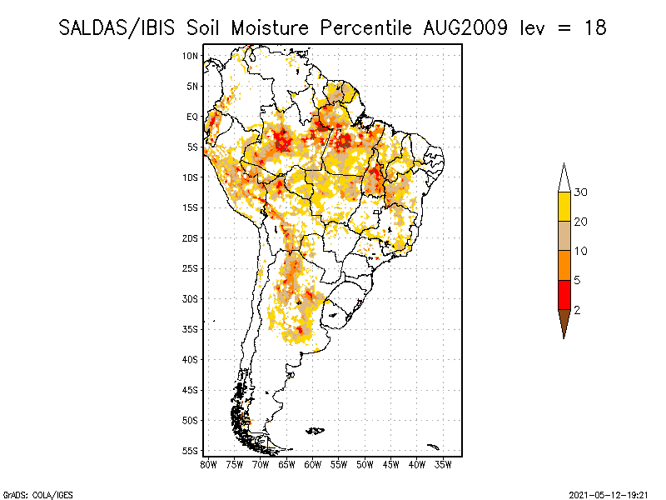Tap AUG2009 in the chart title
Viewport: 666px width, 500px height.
tap(461, 27)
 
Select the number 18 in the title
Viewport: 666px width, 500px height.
tap(594, 27)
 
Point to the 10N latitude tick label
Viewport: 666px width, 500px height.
tap(190, 56)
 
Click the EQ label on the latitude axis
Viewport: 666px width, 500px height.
tap(191, 117)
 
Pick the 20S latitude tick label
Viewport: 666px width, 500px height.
tap(190, 237)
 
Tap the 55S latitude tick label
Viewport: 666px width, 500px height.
tap(190, 450)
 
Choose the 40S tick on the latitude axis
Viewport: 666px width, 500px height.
tap(190, 359)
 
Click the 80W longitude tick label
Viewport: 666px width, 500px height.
tap(208, 464)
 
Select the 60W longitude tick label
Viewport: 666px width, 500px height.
tap(313, 464)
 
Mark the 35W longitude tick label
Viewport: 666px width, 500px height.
tap(444, 464)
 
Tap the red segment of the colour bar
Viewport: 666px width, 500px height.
tap(564, 294)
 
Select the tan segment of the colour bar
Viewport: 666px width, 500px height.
tap(564, 236)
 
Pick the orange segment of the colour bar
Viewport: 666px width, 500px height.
tap(564, 265)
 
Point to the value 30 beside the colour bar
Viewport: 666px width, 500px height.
tap(581, 192)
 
